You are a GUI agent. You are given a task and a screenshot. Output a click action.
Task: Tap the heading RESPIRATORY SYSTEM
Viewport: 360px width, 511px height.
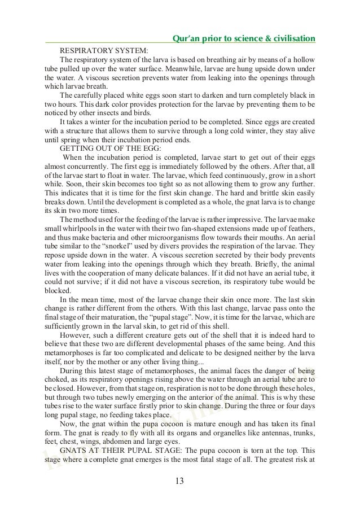click(x=104, y=50)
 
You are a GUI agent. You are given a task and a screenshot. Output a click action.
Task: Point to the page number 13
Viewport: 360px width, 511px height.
click(x=179, y=481)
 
